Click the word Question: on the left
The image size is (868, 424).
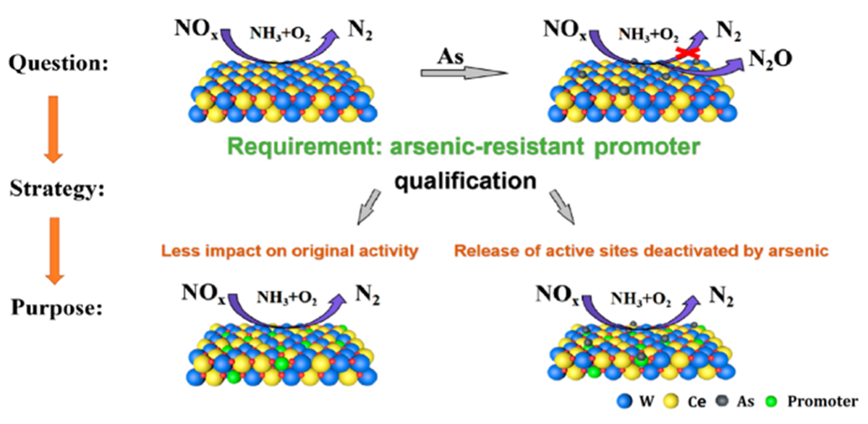click(58, 64)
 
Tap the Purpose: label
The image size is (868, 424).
click(56, 307)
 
